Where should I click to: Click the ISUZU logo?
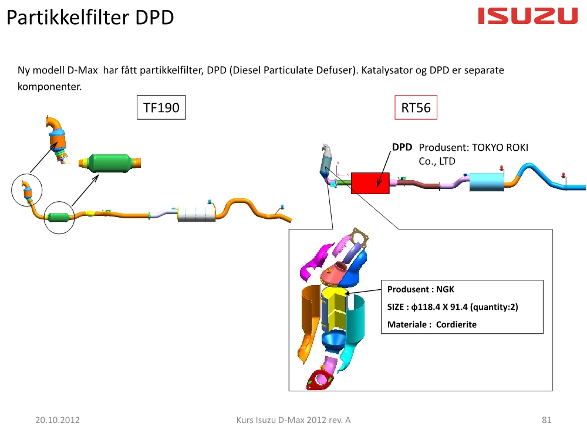click(528, 16)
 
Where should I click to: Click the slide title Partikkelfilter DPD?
click(90, 17)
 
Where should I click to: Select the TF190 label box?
click(161, 107)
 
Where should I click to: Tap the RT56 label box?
click(416, 107)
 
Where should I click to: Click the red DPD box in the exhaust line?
click(370, 183)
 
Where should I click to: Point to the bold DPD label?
click(402, 147)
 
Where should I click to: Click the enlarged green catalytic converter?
click(110, 163)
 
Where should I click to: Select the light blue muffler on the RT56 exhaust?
click(486, 182)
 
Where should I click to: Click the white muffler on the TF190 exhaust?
click(196, 214)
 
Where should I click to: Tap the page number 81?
click(546, 420)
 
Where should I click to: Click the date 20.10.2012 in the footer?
click(58, 420)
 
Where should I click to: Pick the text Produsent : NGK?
click(420, 289)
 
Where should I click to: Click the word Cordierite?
click(456, 324)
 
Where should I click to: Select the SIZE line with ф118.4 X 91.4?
click(453, 307)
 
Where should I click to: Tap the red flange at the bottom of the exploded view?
click(319, 380)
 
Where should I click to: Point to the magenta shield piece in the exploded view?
click(315, 261)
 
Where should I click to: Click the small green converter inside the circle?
click(58, 217)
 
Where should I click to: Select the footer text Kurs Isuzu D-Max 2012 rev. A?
click(293, 420)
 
